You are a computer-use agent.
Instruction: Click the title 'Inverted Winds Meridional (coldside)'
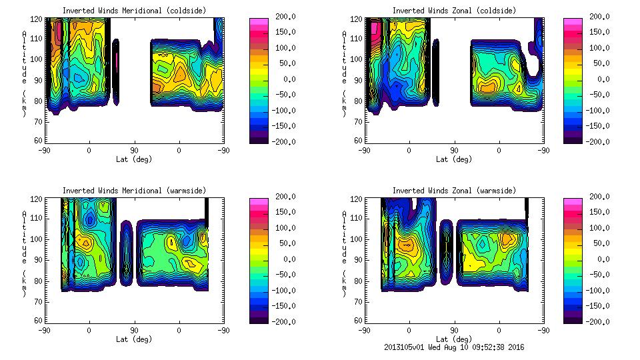tap(133, 11)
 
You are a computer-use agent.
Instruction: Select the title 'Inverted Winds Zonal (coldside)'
tap(454, 11)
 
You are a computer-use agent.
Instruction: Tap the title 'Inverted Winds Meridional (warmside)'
tap(133, 191)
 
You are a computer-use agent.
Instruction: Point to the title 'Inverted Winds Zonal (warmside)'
tap(454, 191)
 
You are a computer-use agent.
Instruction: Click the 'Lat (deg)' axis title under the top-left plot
tap(133, 159)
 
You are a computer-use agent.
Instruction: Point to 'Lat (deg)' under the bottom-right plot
tap(454, 339)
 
